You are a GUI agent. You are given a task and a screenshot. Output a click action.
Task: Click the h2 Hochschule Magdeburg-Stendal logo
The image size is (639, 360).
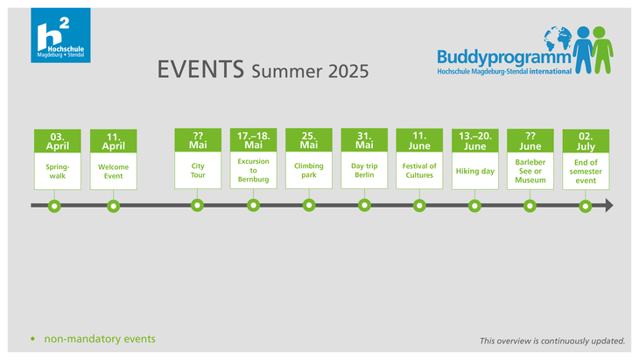click(60, 35)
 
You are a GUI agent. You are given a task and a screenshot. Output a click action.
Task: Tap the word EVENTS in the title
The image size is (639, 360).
click(200, 69)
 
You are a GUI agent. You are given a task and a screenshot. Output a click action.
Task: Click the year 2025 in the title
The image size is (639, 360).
click(348, 71)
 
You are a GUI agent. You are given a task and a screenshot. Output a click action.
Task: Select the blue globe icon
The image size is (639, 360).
click(558, 38)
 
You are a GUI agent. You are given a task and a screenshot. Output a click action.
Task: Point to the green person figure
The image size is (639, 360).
click(601, 50)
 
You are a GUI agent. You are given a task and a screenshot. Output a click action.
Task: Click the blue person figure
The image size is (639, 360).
click(583, 50)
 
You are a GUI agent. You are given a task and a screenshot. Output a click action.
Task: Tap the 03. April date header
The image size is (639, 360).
click(58, 141)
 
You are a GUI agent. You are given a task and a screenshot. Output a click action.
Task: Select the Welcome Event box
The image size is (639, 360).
click(113, 171)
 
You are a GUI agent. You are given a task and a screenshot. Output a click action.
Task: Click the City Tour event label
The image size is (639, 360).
click(198, 171)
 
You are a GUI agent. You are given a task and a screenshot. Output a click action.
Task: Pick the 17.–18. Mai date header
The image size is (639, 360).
click(254, 140)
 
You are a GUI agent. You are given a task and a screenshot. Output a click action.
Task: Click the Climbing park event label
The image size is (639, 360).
click(309, 171)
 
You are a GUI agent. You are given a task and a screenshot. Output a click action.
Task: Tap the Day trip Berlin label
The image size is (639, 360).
click(364, 171)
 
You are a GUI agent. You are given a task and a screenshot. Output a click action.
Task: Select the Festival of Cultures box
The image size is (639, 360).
click(419, 171)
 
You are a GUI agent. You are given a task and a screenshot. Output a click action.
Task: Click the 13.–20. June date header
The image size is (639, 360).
click(475, 141)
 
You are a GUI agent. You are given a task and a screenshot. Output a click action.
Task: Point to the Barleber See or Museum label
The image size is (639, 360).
click(530, 171)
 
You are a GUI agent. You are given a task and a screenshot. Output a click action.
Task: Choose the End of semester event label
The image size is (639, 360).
click(586, 171)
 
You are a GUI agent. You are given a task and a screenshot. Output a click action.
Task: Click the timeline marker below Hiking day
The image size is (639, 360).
click(474, 206)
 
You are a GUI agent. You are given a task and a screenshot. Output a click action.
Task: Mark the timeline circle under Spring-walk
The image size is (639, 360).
click(54, 206)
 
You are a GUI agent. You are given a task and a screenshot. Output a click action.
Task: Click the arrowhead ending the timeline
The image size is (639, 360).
click(609, 206)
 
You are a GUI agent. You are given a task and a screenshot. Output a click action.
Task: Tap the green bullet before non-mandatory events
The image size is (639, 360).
click(32, 339)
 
